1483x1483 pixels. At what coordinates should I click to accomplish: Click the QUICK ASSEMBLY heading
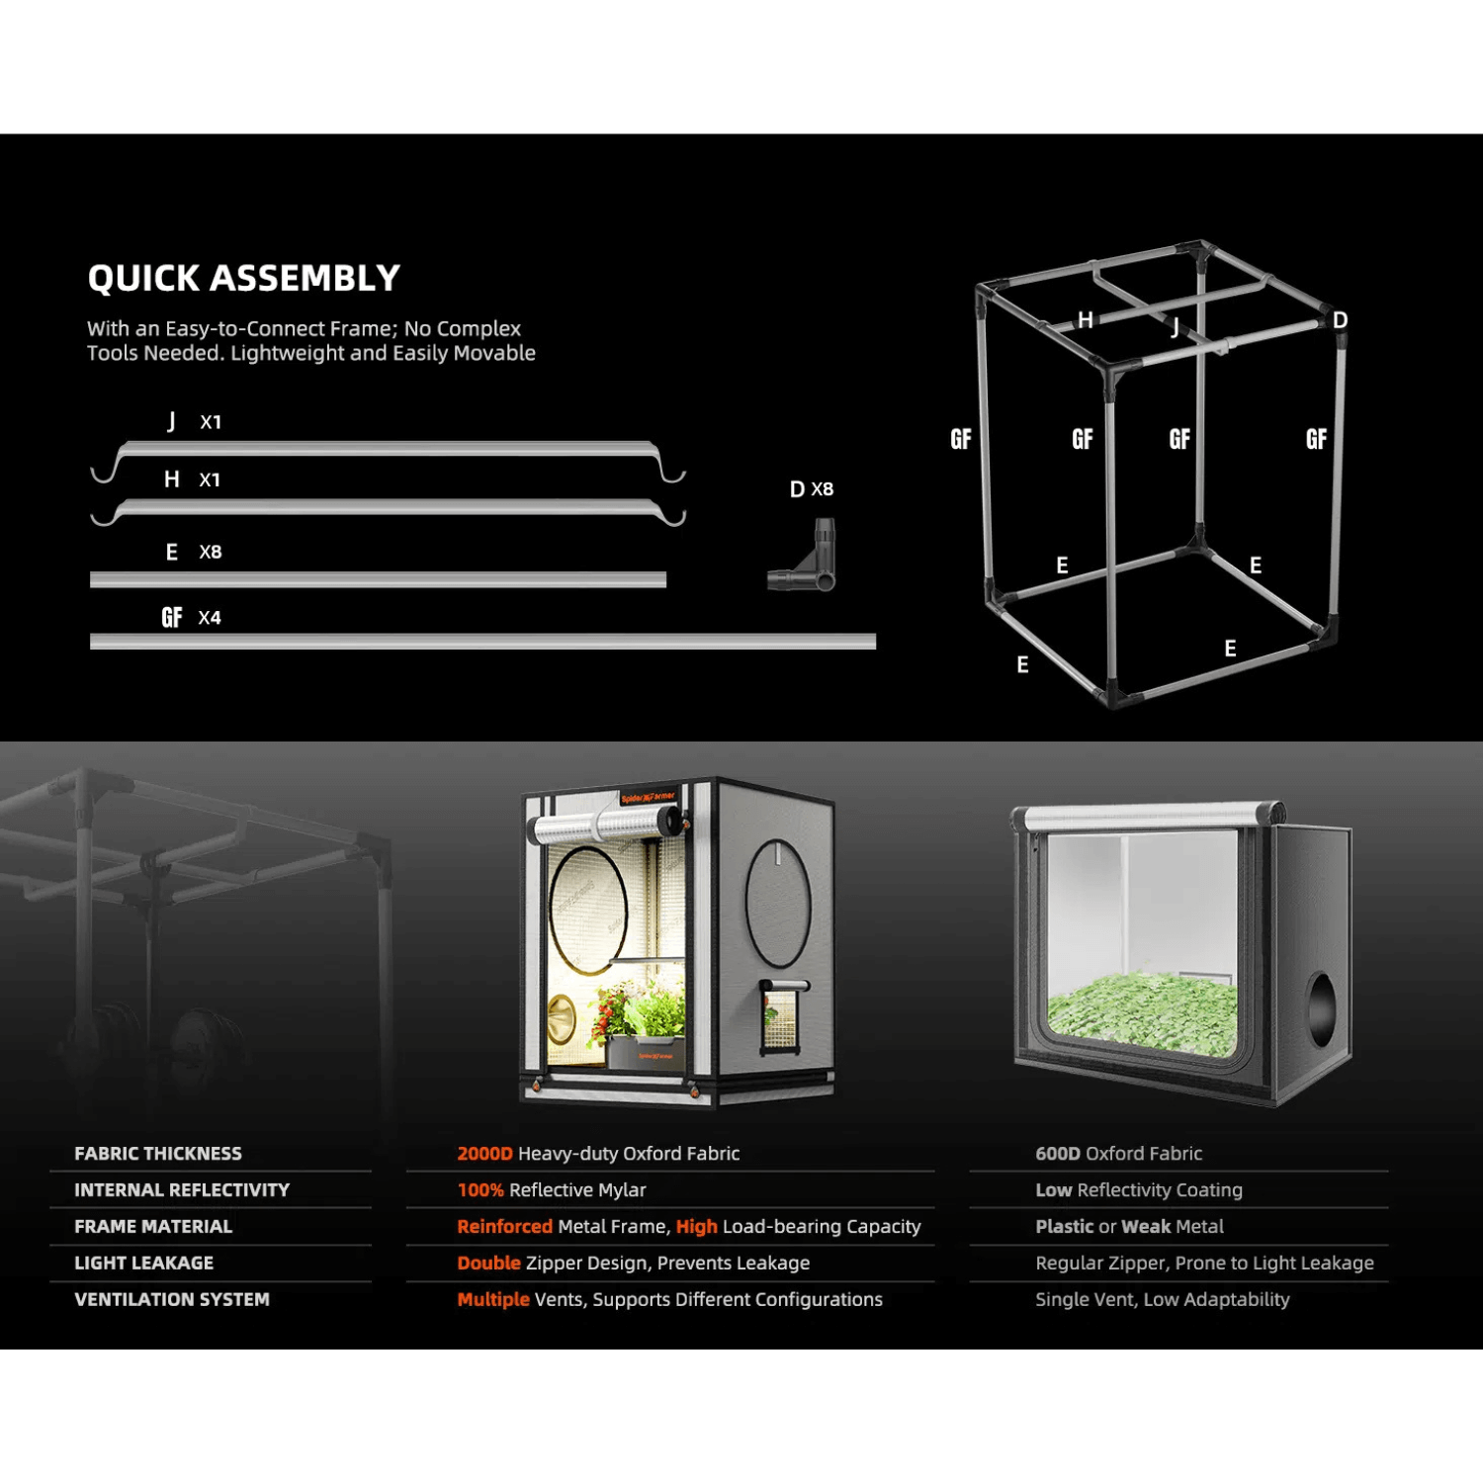coord(243,278)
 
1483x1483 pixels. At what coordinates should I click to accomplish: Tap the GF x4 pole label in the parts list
coord(191,618)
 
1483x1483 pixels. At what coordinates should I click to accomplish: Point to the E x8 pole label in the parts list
coord(194,552)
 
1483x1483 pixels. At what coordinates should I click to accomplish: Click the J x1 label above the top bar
coord(194,422)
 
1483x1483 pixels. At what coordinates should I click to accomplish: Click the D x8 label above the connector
coord(812,489)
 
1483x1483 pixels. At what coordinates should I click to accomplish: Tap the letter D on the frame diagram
coord(1340,320)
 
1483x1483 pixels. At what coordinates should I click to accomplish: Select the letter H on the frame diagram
coord(1086,319)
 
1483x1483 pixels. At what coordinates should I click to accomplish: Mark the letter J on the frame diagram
coord(1176,327)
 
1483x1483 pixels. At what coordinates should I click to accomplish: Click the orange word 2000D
coord(484,1154)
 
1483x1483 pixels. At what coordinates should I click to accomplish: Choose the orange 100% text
coord(480,1190)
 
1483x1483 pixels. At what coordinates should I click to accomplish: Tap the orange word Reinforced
coord(504,1227)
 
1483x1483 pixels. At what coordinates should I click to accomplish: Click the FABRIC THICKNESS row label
coord(158,1154)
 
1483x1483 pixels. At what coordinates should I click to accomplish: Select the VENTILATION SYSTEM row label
coord(172,1299)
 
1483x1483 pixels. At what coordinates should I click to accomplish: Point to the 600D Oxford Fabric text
coord(1118,1154)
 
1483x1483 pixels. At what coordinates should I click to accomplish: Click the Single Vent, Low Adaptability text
coord(1162,1299)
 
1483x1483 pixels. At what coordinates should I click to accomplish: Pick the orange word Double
coord(488,1264)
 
